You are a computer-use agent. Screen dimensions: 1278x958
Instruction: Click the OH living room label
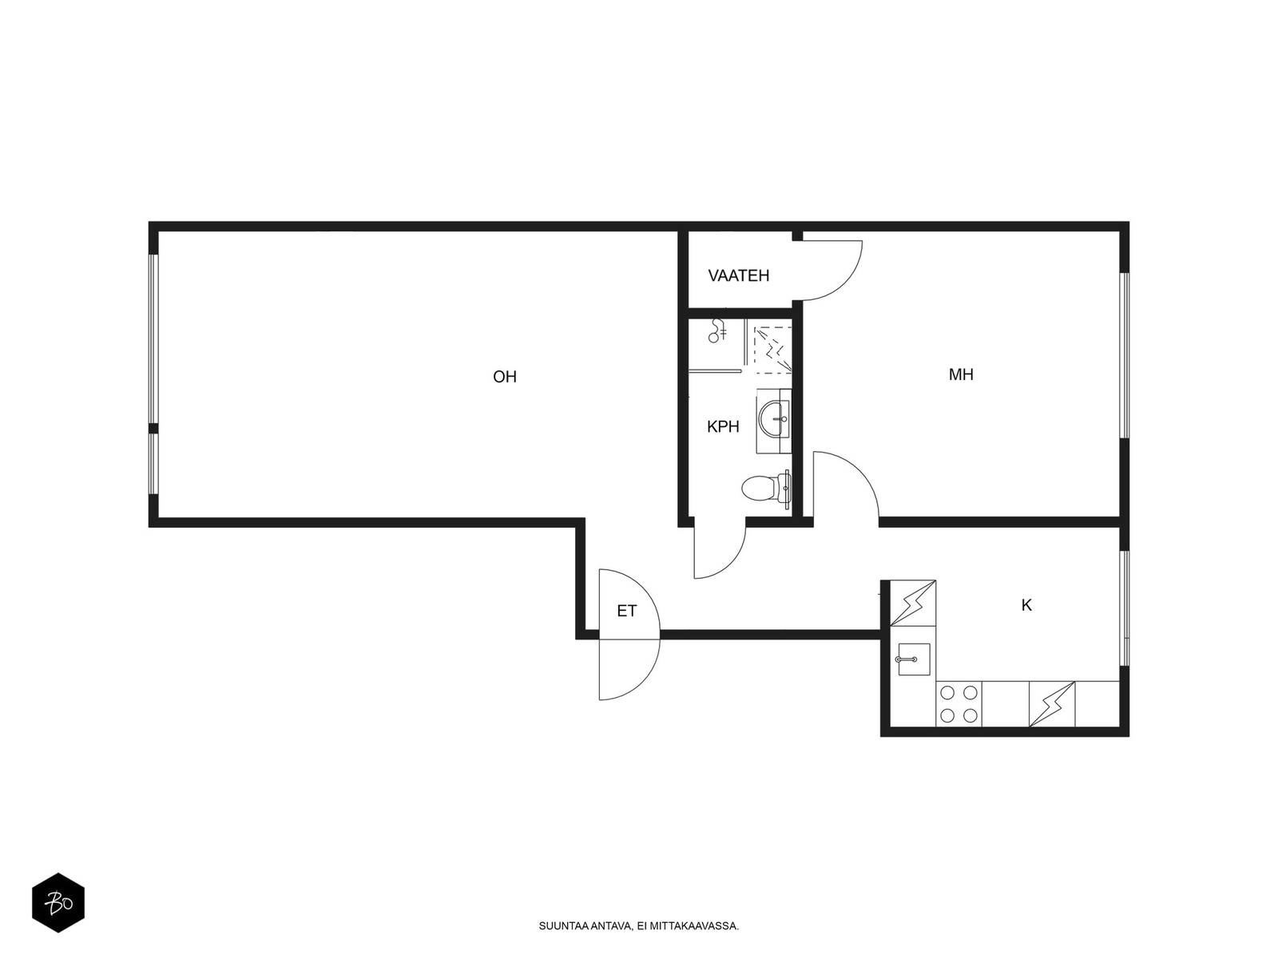click(504, 377)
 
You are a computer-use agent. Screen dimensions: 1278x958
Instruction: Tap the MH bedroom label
click(961, 374)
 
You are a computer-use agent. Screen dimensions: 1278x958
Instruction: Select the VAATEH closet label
click(738, 275)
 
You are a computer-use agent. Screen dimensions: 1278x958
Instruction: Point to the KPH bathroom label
click(723, 427)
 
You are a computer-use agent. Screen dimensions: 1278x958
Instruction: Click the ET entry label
click(626, 611)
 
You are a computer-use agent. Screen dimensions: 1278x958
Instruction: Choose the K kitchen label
click(1026, 605)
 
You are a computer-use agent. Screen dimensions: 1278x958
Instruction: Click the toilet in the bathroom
click(766, 489)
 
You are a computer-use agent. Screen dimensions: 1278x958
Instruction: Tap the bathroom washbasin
click(774, 419)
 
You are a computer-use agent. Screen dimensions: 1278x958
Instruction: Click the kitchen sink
click(914, 659)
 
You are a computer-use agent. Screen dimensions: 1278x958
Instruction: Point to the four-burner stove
click(958, 704)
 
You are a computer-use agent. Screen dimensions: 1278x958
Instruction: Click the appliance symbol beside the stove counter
click(1051, 704)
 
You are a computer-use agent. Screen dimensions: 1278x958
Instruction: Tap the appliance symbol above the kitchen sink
click(913, 604)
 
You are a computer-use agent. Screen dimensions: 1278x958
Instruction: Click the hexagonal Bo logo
click(58, 903)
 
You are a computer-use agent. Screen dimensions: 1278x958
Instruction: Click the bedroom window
click(1125, 354)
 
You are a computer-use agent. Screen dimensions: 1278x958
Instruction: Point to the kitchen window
click(1125, 608)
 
